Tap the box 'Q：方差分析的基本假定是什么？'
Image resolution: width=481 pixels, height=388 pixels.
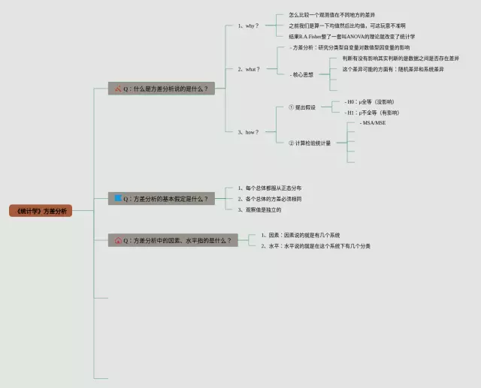pos(161,199)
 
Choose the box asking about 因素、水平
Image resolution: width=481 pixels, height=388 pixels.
pos(173,241)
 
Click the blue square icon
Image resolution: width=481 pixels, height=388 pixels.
pos(117,198)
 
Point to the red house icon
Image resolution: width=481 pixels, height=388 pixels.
pos(118,241)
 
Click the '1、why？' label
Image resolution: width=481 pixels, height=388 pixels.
pos(248,26)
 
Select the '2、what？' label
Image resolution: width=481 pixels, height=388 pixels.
pos(249,69)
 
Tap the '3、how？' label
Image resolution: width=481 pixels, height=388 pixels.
pos(248,132)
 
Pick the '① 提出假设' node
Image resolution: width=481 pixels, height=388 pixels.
pos(302,107)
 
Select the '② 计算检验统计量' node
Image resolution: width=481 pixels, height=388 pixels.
pos(309,143)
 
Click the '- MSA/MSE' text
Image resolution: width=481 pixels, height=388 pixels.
pos(373,122)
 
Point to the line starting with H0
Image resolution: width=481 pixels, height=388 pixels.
pos(369,101)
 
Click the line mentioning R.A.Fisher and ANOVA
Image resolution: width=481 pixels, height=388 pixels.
pos(352,36)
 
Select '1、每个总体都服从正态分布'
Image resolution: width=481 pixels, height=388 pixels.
pos(269,188)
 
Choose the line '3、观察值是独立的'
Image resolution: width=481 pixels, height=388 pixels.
pos(259,209)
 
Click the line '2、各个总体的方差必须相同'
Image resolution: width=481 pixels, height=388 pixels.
pos(269,199)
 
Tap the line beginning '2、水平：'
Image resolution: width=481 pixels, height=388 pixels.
pos(316,245)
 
